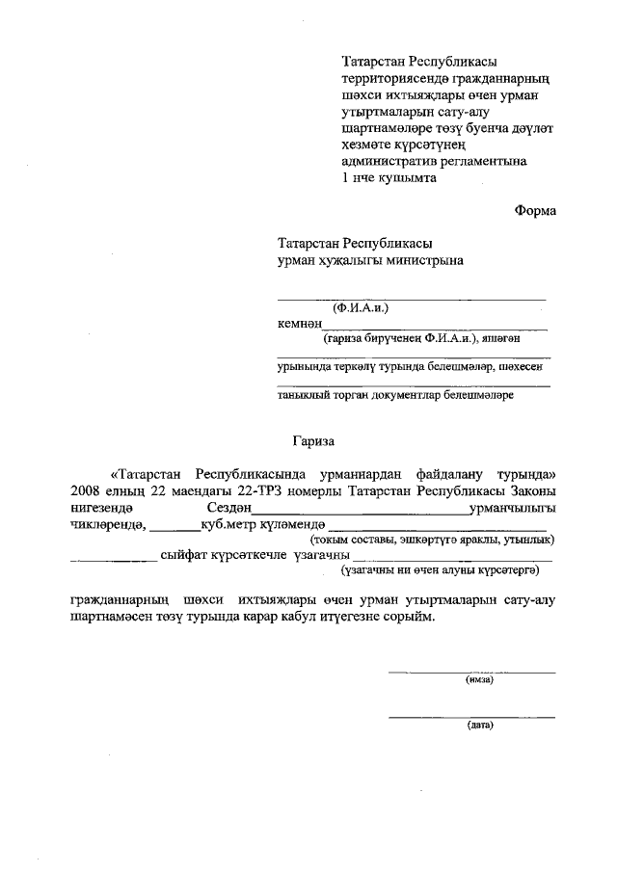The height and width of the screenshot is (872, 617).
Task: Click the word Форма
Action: (x=534, y=210)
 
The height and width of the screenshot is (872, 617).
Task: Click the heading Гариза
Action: (x=313, y=441)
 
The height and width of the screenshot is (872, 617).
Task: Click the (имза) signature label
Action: (x=478, y=678)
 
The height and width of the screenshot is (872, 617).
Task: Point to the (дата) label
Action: (x=478, y=725)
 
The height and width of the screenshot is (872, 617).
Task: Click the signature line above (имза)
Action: (x=471, y=671)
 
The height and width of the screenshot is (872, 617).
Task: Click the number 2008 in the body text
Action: (x=87, y=491)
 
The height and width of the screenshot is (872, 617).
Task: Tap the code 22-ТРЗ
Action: (x=248, y=491)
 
